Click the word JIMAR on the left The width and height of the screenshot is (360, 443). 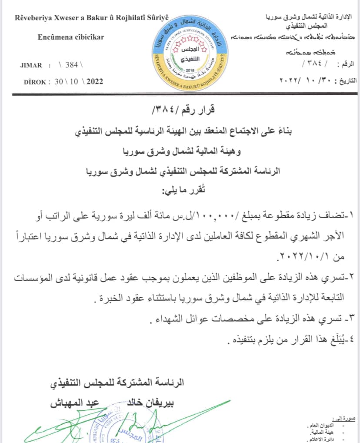(31, 66)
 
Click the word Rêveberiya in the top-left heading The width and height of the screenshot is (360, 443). (33, 18)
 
